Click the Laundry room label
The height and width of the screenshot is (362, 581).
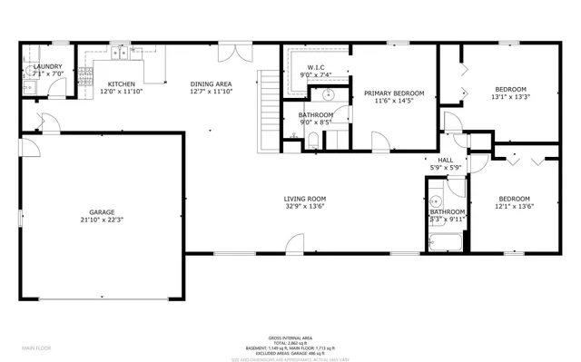pos(46,67)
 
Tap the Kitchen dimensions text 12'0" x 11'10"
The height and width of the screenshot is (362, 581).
pos(122,92)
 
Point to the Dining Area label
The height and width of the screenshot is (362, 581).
pos(212,83)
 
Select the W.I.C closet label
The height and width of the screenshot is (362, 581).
pos(316,67)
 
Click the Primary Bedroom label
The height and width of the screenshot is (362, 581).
pos(389,93)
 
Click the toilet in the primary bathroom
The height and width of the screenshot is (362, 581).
pos(311,139)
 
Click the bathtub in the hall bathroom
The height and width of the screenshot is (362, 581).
pos(447,243)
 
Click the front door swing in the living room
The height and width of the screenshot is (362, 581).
pos(295,242)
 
